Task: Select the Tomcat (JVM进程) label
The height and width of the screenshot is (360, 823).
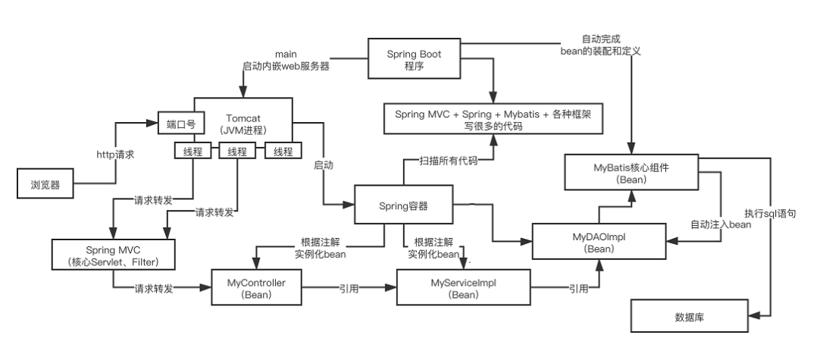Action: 243,124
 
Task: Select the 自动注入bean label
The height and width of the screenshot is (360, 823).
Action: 721,225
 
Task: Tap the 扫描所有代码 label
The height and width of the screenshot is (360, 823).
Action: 449,161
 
